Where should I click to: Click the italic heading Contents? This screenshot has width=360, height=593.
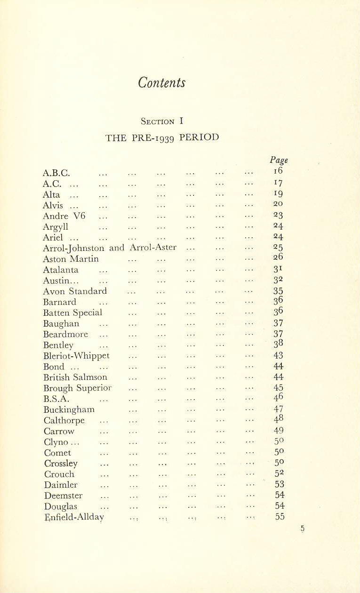pos(162,83)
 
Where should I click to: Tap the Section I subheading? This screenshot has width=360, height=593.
pos(162,121)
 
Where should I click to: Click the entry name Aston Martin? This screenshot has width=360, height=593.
pos(71,259)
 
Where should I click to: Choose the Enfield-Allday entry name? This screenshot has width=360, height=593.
pos(74,517)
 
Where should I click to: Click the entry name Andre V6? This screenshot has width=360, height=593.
pos(64,216)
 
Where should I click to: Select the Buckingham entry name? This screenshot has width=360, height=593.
pos(69,409)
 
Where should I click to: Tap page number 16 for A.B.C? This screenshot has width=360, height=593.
pos(278,173)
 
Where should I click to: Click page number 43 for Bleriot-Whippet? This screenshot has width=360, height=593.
pos(278,356)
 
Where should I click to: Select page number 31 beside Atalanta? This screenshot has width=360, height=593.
pos(278,270)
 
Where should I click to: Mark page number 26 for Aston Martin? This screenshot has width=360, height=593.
pos(278,259)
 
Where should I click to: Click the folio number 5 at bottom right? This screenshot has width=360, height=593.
pos(303,529)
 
